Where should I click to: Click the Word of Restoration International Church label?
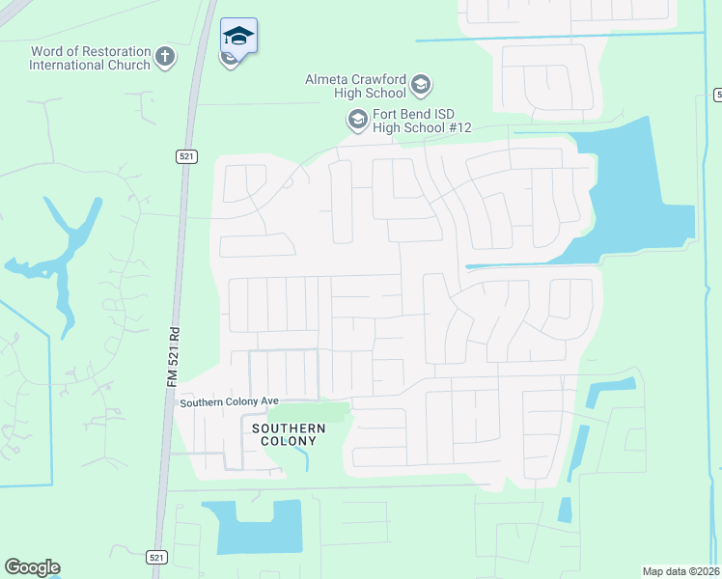(x=90, y=58)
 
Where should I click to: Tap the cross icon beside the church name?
(x=165, y=56)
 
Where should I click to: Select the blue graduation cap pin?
(x=237, y=38)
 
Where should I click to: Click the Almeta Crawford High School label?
(x=356, y=87)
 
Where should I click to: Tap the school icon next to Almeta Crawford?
(x=421, y=86)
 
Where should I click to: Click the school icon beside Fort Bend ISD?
(x=357, y=120)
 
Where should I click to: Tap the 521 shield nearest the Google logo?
(x=158, y=558)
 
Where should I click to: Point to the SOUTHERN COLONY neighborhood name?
(x=284, y=433)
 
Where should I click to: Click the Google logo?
(x=32, y=567)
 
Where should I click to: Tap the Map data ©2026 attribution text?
(x=681, y=571)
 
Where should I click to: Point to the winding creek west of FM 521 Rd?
(x=63, y=261)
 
